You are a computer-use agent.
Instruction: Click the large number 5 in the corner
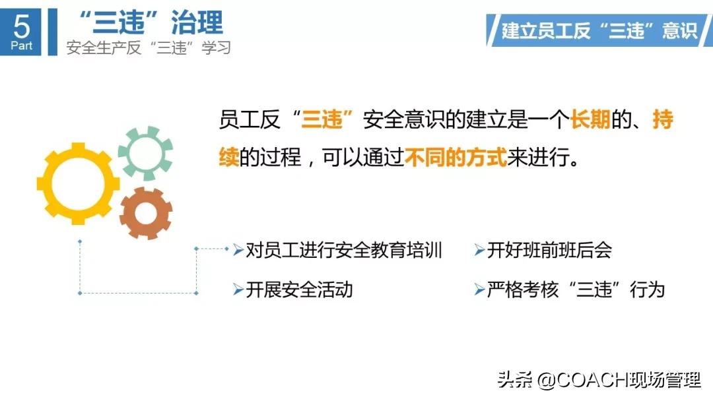click(22, 26)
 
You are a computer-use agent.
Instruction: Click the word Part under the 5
click(22, 46)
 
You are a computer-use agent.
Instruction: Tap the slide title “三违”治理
click(151, 23)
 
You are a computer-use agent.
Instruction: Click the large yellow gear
click(78, 183)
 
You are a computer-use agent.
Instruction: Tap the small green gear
click(145, 152)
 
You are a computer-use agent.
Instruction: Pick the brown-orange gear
click(146, 213)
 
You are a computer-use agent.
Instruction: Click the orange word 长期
click(590, 121)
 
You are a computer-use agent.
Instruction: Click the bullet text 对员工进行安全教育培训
click(343, 251)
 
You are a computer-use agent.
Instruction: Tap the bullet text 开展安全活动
click(299, 290)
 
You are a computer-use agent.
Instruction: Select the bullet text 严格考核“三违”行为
click(575, 290)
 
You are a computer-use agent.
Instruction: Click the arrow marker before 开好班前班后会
click(479, 251)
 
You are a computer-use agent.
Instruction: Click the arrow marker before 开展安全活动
click(238, 290)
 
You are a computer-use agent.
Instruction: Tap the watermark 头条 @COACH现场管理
click(599, 381)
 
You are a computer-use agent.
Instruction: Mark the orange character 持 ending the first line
click(662, 121)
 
